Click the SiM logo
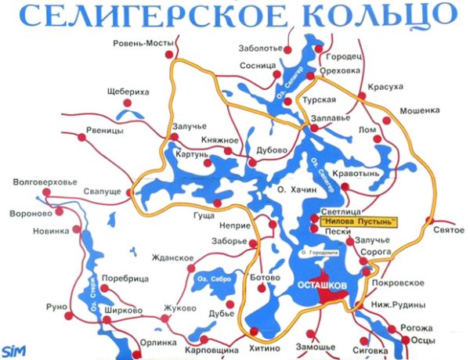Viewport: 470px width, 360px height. [x=15, y=349]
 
